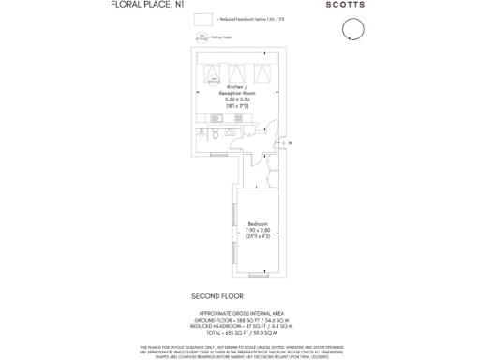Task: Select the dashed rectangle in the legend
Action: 202,20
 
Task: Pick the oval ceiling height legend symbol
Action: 202,37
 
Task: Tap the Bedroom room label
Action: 258,223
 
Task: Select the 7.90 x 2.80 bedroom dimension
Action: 258,231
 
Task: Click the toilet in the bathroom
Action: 215,135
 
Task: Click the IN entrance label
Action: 291,142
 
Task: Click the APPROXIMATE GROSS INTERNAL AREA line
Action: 247,312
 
